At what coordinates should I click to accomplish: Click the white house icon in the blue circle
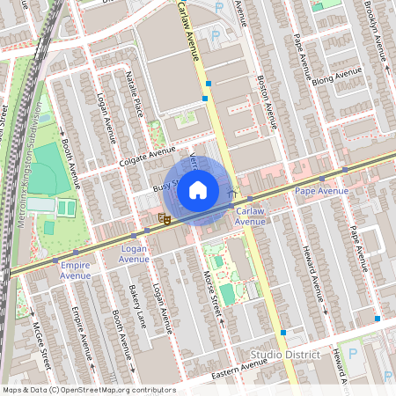click(198, 189)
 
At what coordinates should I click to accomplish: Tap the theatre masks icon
click(163, 219)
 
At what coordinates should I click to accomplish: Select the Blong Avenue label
click(337, 77)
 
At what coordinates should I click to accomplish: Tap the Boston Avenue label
click(265, 100)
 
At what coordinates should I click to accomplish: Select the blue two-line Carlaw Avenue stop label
click(250, 216)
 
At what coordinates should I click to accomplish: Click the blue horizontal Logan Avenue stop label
click(134, 254)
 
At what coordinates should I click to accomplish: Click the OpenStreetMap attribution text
click(88, 389)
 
